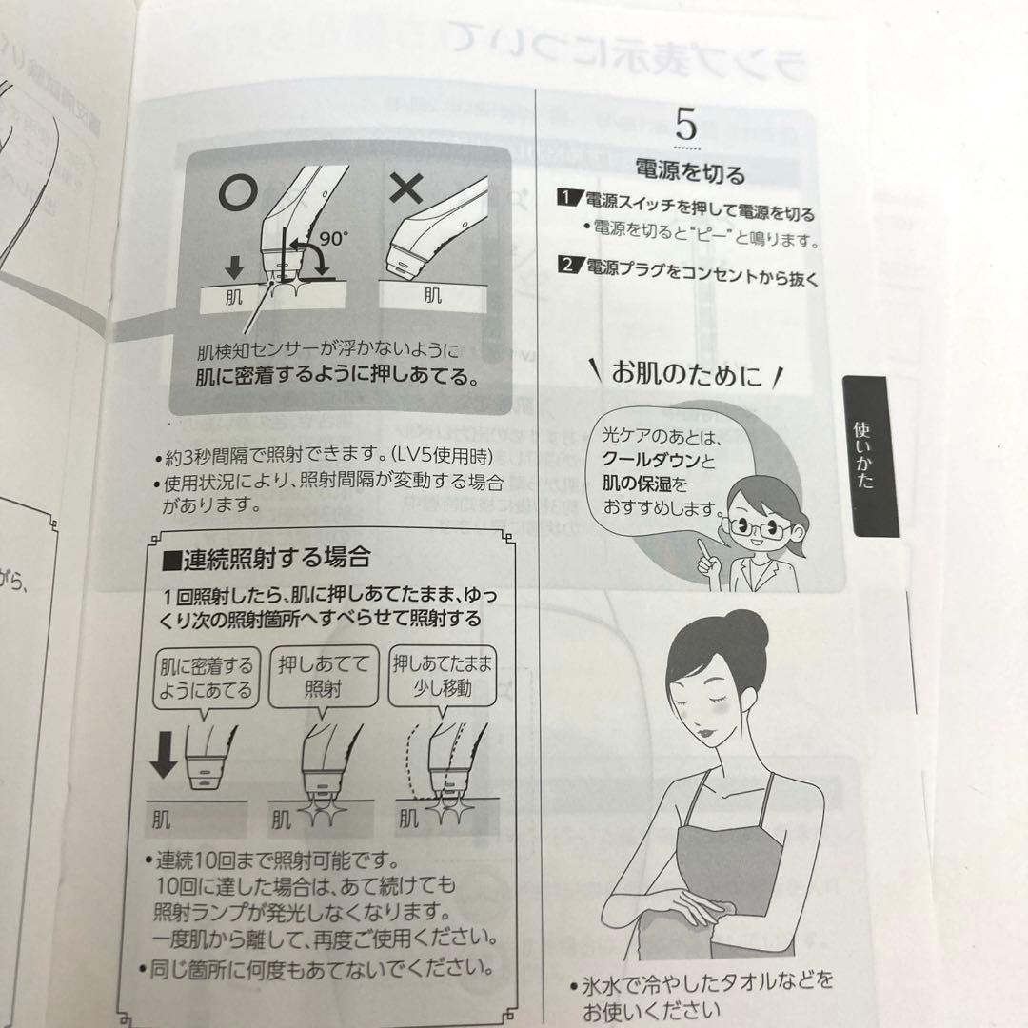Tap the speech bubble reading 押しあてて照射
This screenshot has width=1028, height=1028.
point(322,675)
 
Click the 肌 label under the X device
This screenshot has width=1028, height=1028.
point(433,295)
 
